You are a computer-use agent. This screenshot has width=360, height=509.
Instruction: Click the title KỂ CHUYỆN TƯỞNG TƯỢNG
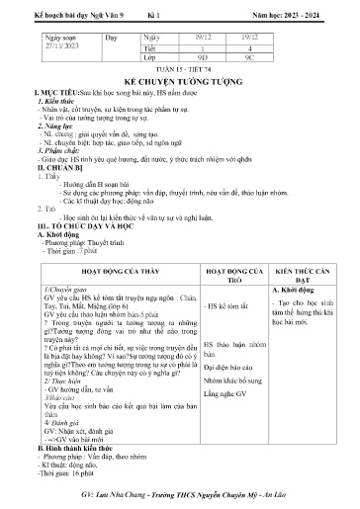pos(180,75)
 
